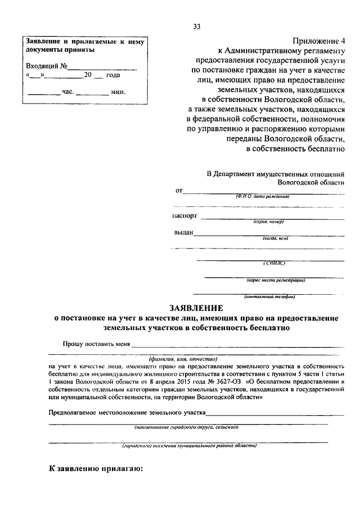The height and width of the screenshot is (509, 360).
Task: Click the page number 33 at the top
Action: pos(196,26)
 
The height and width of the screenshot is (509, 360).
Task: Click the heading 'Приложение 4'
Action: pos(318,40)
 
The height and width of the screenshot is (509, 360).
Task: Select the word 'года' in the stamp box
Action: pos(113,75)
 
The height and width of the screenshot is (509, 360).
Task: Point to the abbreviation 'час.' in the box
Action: pos(67,91)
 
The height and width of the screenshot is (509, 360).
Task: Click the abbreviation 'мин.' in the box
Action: pos(118,91)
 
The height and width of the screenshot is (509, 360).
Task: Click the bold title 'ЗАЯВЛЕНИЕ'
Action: pos(197,308)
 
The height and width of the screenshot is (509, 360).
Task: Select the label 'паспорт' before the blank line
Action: pos(185,215)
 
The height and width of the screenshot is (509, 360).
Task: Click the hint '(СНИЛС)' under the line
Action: pos(274,263)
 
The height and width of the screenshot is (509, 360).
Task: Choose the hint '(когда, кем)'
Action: pos(274,238)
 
